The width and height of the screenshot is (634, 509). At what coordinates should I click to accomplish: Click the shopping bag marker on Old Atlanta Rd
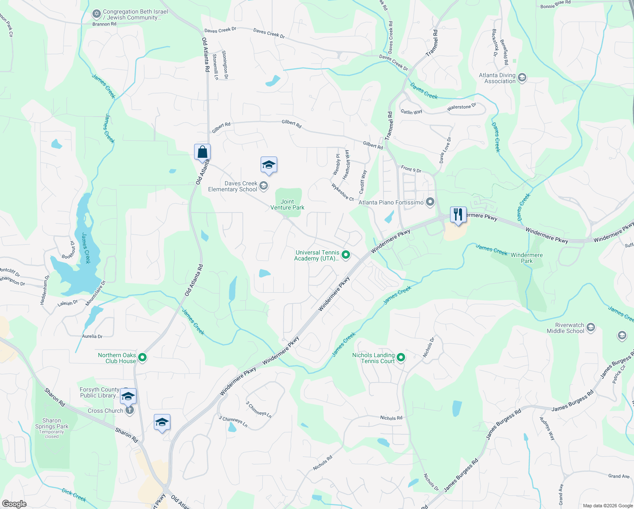pos(202,152)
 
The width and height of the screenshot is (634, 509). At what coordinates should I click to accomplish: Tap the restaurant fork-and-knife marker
pos(458,215)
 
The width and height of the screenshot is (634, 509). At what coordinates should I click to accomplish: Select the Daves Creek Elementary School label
pos(233,187)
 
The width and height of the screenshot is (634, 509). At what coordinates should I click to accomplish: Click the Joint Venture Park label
pos(287,204)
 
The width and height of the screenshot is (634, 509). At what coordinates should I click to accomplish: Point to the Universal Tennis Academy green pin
pos(346,255)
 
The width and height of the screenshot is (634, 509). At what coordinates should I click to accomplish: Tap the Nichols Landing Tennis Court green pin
pos(401,358)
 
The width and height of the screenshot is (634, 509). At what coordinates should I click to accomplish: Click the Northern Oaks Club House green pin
pos(143,358)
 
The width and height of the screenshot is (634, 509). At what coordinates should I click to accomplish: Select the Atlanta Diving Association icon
pos(522,77)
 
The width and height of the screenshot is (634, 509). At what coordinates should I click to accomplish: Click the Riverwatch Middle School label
pos(565,328)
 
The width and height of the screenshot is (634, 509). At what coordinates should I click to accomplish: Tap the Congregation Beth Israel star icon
pos(96,14)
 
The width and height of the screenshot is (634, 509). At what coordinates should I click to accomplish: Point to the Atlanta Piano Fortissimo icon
pos(430,202)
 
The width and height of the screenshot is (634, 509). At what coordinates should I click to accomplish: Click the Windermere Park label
pos(526,258)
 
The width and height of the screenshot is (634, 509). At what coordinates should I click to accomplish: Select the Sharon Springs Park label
pos(52,424)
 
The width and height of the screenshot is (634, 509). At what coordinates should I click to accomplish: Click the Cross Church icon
pos(130,410)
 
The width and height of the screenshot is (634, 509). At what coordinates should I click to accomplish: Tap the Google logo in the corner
pos(14,503)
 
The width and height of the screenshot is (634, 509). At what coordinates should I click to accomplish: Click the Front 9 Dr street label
pos(411,169)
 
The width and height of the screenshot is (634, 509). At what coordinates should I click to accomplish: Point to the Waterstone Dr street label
pos(462,107)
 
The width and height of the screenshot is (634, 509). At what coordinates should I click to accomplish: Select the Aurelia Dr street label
pos(92,336)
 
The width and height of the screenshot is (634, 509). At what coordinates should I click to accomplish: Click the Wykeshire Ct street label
pos(342,192)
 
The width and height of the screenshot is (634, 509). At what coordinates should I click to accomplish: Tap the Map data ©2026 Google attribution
pos(607,506)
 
